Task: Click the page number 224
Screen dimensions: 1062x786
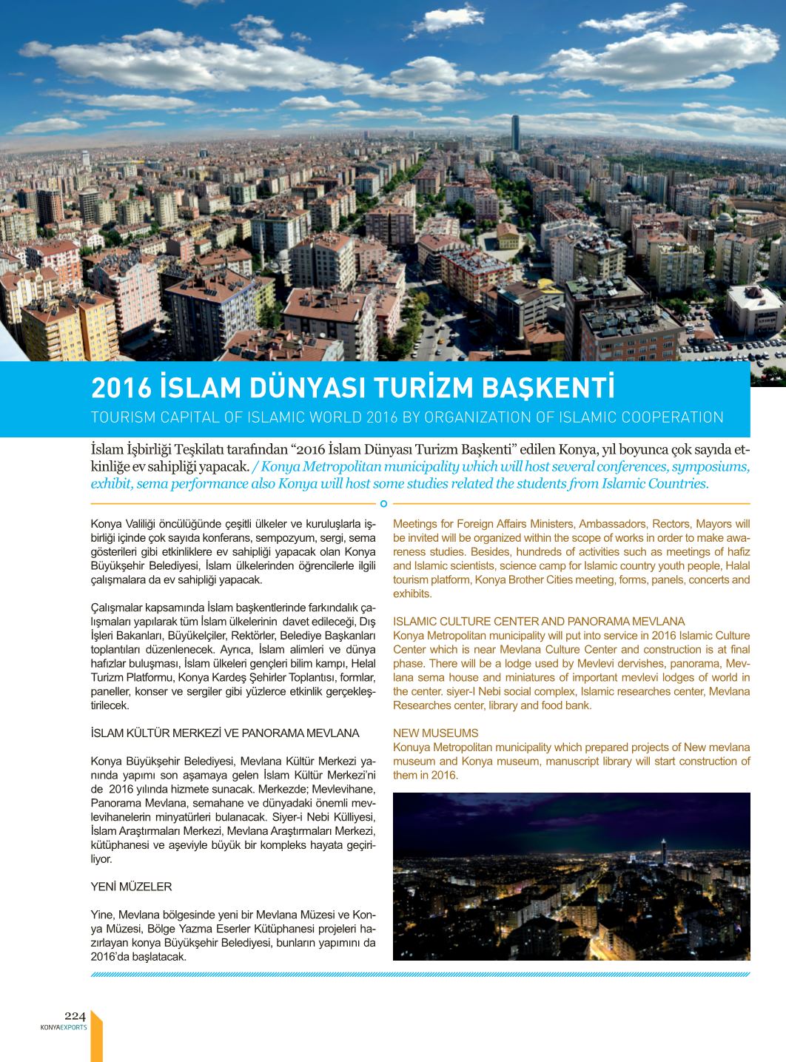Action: point(75,1016)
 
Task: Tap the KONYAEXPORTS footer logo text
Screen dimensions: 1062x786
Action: point(64,1027)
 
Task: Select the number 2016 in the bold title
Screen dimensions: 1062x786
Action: point(121,388)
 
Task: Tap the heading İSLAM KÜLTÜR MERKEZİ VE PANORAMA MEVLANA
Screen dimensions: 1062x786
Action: point(224,733)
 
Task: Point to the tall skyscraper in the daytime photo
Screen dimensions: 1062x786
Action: point(516,134)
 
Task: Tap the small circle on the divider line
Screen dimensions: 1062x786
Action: point(383,504)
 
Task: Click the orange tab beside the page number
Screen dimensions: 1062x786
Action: point(95,1036)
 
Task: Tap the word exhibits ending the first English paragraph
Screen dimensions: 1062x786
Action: point(412,594)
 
